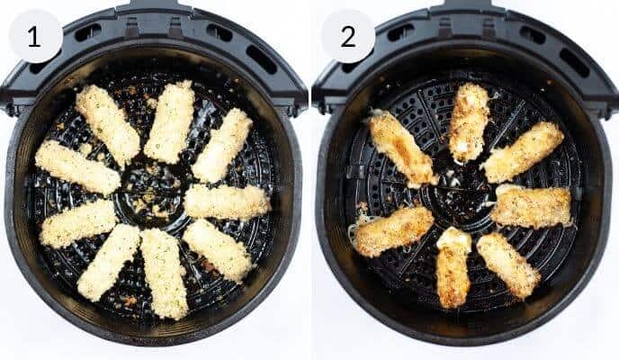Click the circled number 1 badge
tap(35, 36)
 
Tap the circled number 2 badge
tap(347, 36)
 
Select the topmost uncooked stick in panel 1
tap(170, 121)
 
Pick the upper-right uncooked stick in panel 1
tap(222, 144)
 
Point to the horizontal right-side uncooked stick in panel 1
tap(227, 201)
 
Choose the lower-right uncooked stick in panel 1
tap(218, 248)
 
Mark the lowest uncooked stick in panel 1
tap(165, 273)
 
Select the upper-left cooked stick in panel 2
tap(401, 148)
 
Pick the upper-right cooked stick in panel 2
tap(523, 151)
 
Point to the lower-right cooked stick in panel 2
tap(508, 265)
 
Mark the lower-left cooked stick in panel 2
tap(393, 231)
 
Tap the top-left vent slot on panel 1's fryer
tap(88, 32)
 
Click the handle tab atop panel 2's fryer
tap(464, 5)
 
